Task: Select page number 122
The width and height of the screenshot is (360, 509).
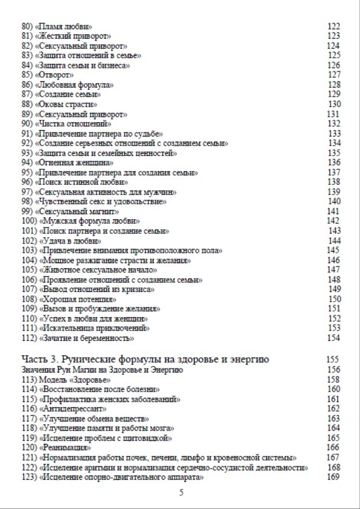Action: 333,26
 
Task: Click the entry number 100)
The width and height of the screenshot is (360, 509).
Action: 28,221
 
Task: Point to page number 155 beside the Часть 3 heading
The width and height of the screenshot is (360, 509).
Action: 333,360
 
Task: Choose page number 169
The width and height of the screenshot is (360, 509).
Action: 333,477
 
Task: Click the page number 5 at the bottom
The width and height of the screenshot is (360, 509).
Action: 181,493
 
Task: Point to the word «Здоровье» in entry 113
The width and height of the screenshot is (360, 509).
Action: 90,380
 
